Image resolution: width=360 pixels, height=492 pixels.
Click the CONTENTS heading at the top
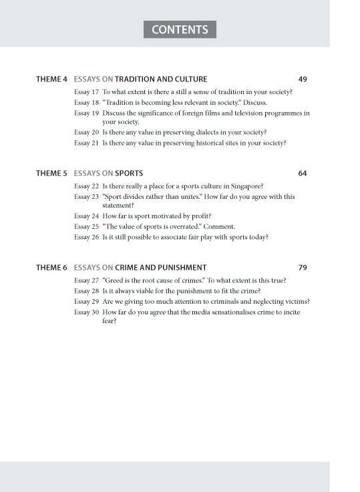point(180,30)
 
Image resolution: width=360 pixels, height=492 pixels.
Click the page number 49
point(303,79)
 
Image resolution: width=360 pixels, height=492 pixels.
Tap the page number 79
point(303,268)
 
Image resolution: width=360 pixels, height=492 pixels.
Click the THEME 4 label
point(51,79)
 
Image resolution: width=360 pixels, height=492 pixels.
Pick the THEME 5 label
point(51,174)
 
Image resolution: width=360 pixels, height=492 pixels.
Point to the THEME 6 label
point(51,268)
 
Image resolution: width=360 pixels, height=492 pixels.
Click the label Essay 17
point(86,91)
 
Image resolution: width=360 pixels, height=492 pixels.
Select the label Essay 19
point(86,113)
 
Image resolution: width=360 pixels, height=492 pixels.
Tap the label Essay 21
point(86,143)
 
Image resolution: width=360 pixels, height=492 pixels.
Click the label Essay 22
point(86,186)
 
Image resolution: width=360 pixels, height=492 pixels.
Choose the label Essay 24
point(86,216)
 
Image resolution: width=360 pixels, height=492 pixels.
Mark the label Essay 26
point(86,237)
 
